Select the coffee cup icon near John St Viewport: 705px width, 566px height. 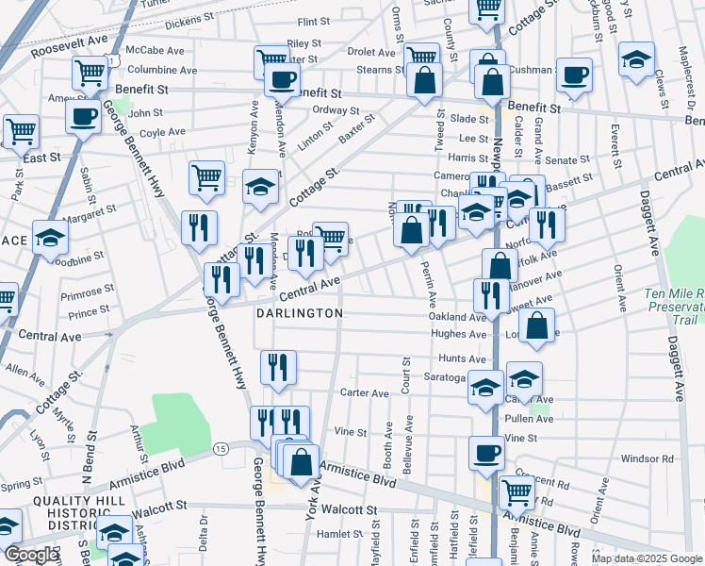(x=83, y=117)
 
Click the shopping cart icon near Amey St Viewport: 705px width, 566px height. (x=90, y=71)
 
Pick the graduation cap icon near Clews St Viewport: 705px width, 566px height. (x=637, y=58)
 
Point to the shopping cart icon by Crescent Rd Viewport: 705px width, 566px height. (x=516, y=491)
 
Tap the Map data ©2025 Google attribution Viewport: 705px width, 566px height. (x=646, y=558)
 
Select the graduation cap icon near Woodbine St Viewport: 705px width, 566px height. (x=50, y=238)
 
